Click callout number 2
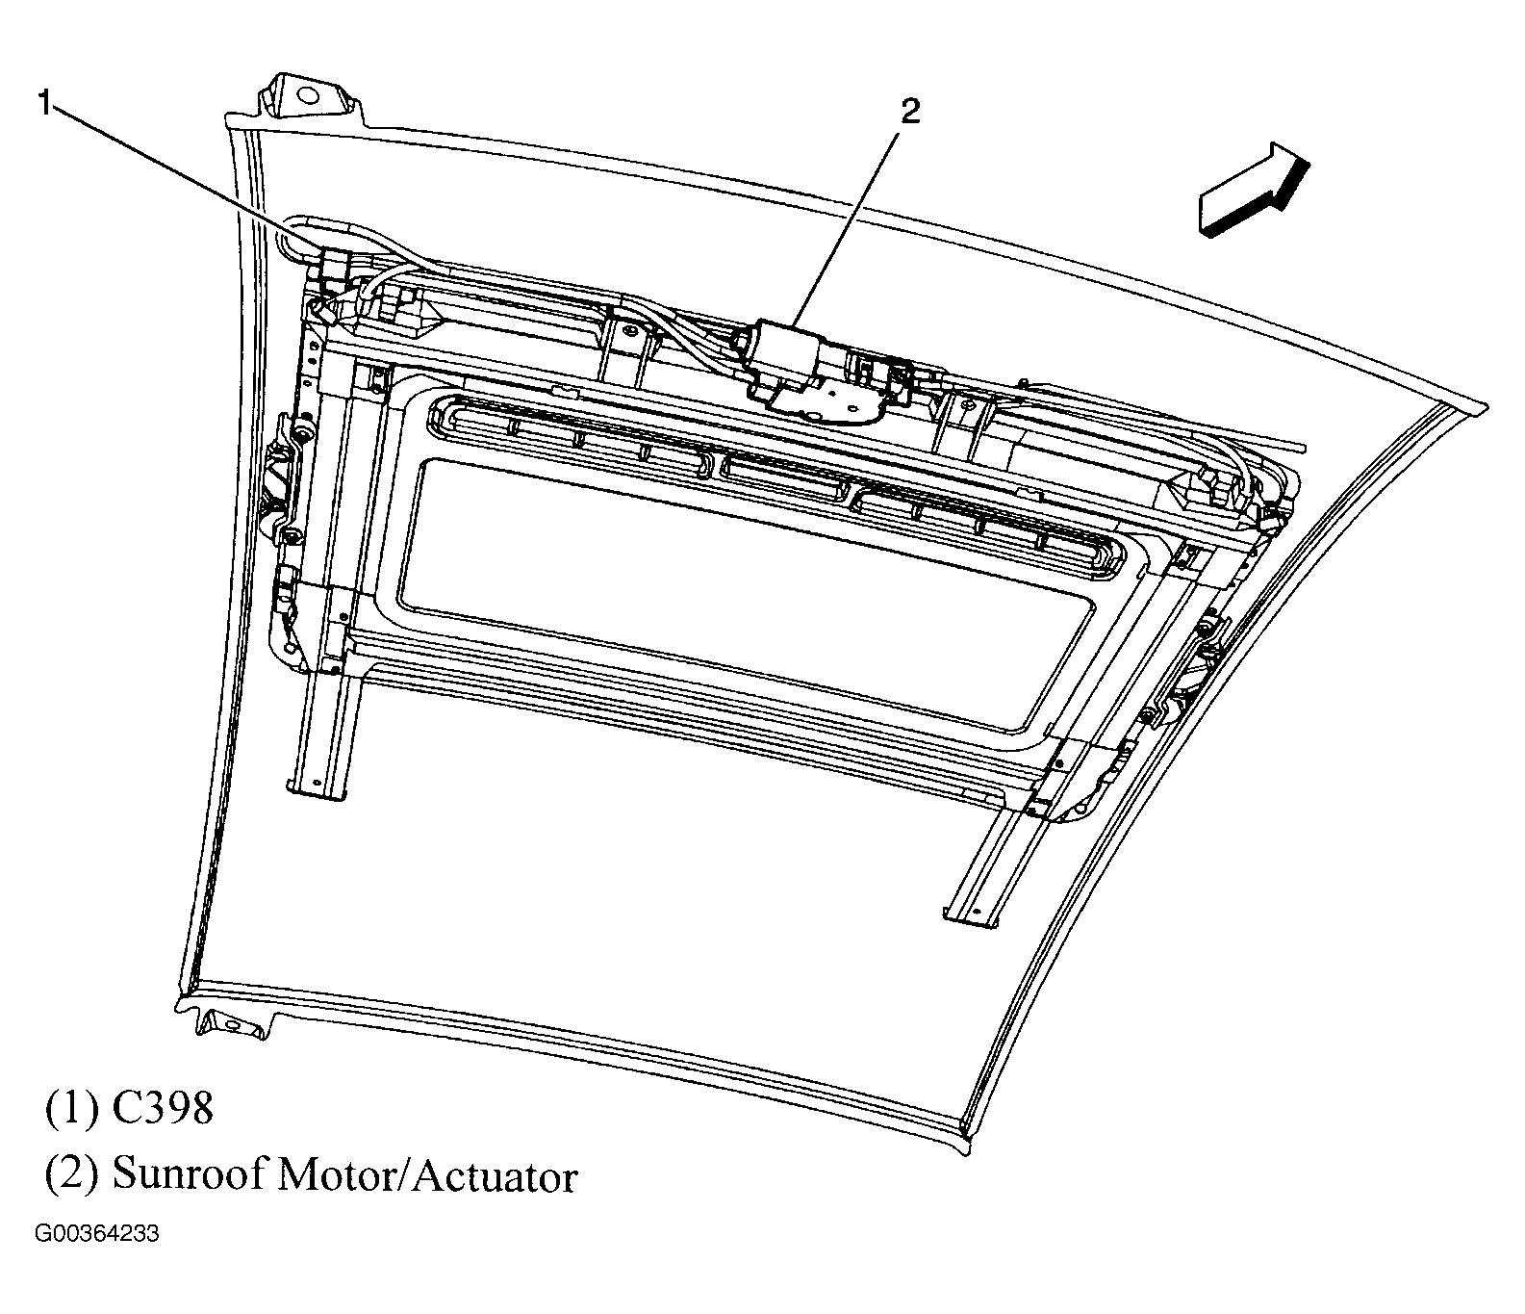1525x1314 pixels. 909,112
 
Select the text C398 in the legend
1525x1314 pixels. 162,1109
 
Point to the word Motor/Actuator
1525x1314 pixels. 427,1175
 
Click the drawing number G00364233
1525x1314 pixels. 97,1234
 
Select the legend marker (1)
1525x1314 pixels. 70,1109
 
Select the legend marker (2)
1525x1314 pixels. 70,1175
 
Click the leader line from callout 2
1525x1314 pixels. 847,226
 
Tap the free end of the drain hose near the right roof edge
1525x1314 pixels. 1299,448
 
